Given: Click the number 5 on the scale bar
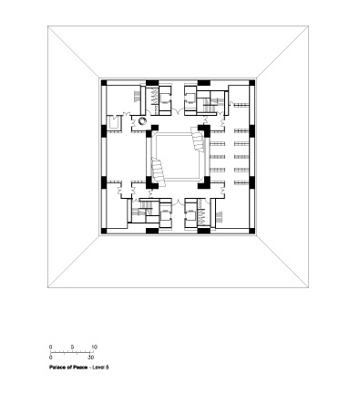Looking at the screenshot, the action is (x=72, y=347).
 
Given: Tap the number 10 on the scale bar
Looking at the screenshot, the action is (x=94, y=347).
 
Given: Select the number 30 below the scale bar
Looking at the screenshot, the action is (x=91, y=358).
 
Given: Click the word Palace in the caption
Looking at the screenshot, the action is (x=57, y=368).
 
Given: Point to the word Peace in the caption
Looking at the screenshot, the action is (x=80, y=368).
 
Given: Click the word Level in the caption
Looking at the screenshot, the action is (x=98, y=368).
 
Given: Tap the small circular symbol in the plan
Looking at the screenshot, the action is (x=142, y=121).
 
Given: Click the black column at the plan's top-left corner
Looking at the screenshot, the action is (x=104, y=83).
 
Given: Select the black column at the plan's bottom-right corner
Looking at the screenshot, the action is (x=252, y=231).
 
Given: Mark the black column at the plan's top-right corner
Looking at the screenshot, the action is (x=252, y=83).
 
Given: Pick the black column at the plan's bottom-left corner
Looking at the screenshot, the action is (x=104, y=231).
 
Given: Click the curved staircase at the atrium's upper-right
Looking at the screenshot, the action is (x=198, y=139).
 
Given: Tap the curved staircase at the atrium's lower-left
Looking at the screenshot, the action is (x=159, y=173).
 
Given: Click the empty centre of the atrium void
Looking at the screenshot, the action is (x=178, y=157).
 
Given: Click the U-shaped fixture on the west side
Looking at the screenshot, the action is (x=114, y=123).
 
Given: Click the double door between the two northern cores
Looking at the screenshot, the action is (x=178, y=111).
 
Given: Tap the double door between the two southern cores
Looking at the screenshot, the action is (x=178, y=202).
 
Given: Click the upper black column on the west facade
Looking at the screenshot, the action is (x=104, y=130).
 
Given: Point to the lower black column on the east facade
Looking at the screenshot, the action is (x=252, y=182).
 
